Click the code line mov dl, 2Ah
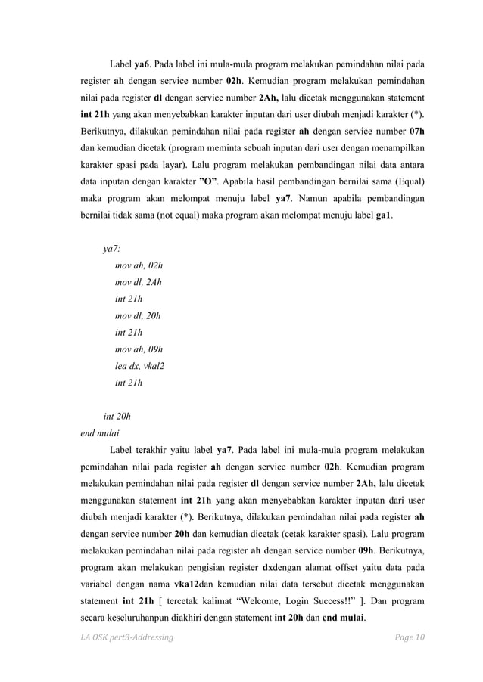pyautogui.click(x=138, y=283)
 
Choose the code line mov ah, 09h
pyautogui.click(x=139, y=349)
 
